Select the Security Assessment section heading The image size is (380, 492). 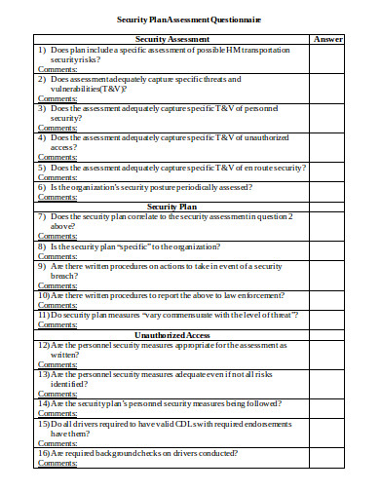pos(172,39)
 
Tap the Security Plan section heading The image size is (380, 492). pos(172,207)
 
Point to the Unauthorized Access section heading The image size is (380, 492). pos(172,334)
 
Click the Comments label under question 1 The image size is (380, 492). pos(57,68)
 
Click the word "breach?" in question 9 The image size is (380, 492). pos(65,276)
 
